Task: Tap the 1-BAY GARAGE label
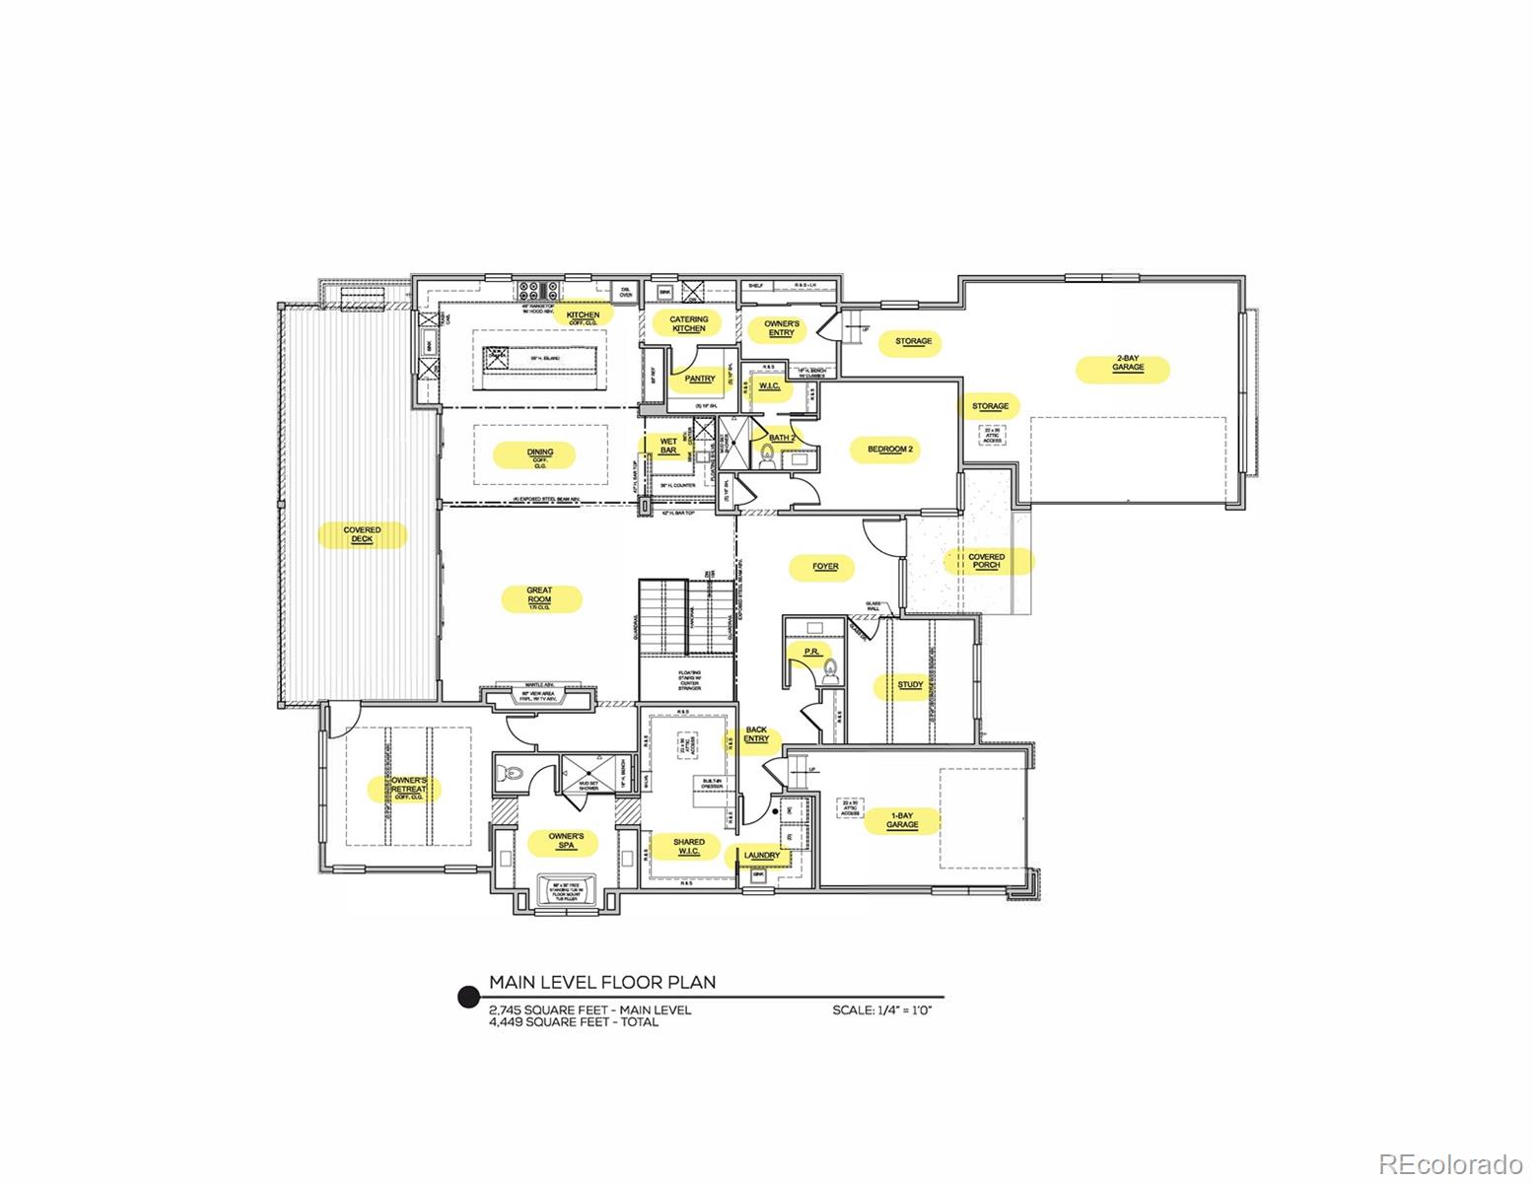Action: (901, 820)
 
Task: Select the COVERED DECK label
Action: (362, 534)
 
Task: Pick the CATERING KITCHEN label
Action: (688, 323)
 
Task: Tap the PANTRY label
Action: (699, 379)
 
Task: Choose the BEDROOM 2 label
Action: (891, 449)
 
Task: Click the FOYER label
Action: (825, 567)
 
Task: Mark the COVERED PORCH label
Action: (986, 561)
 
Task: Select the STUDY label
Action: (910, 684)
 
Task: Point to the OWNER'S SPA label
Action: (566, 841)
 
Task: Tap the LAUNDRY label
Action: (762, 855)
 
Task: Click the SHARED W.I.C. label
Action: (688, 847)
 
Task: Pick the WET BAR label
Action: (667, 446)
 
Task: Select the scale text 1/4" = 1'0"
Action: (882, 1010)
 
